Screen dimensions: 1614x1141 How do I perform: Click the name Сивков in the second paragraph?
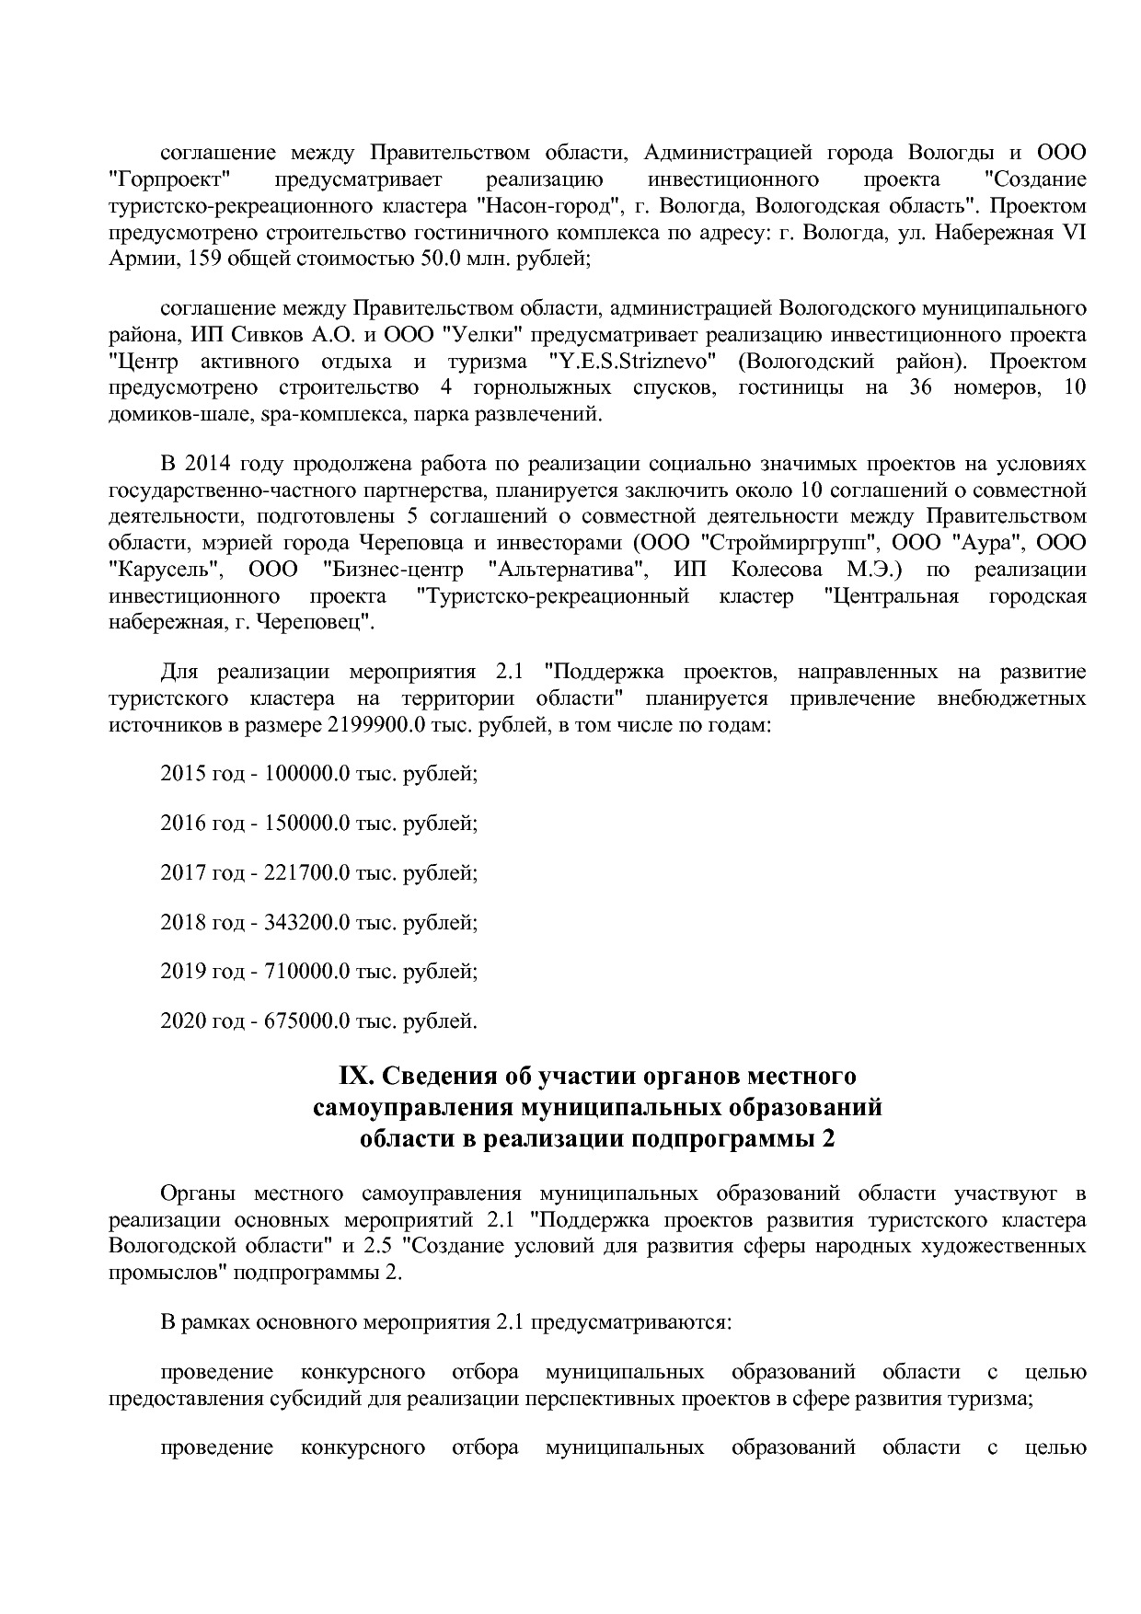pos(281,334)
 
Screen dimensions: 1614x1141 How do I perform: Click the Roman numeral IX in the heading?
pos(353,1076)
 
